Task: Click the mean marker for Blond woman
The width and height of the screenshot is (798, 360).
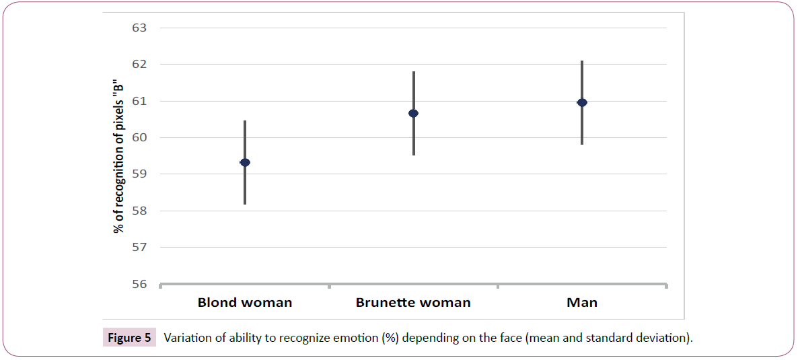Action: point(245,162)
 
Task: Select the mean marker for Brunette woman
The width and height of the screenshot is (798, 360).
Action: point(414,113)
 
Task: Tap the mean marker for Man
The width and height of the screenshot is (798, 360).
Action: point(582,102)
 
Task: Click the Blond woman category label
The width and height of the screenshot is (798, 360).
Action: point(245,303)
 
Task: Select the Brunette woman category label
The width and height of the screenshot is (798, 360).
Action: point(413,303)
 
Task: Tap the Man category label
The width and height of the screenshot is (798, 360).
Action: point(582,303)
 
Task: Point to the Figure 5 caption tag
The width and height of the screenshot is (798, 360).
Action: point(129,338)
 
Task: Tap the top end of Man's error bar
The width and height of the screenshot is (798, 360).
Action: point(582,61)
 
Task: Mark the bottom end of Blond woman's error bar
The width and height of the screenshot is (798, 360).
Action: point(245,203)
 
